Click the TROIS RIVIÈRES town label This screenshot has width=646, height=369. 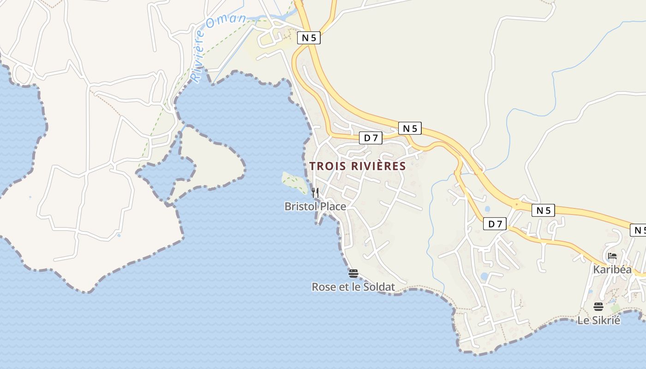coord(357,166)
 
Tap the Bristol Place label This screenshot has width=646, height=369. coord(315,206)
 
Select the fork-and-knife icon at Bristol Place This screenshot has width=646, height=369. coord(315,192)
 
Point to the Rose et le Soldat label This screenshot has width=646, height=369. coord(353,287)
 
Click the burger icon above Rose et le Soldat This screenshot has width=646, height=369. coord(353,274)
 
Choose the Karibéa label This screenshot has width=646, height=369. coord(612,269)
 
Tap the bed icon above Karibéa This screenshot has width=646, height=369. coord(612,256)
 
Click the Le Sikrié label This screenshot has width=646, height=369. coord(599,320)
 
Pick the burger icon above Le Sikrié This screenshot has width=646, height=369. coord(598,307)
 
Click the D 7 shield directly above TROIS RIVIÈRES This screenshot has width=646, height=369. coord(371,137)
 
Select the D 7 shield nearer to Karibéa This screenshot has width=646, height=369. coord(495,224)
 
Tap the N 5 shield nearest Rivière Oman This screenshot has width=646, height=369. coord(309,38)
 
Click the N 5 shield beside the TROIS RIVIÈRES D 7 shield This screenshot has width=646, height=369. coord(410,129)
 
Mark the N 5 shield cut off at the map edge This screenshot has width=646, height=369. coord(639,230)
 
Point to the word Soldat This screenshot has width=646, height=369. coord(380,287)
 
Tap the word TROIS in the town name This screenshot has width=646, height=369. coord(324,166)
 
